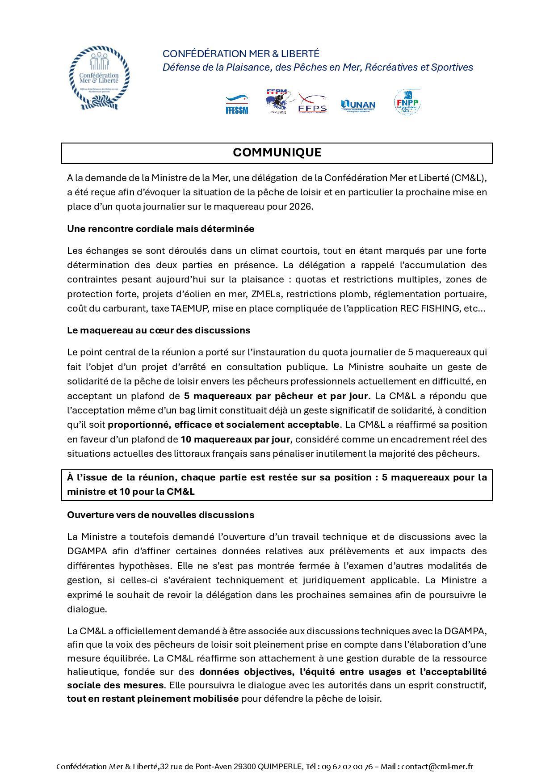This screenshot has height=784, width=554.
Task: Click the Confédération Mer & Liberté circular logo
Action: coord(99,78)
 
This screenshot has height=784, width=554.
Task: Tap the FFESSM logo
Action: coord(237,105)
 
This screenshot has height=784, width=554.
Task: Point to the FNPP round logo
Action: coord(407,103)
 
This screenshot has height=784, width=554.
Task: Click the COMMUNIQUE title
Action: coord(277,153)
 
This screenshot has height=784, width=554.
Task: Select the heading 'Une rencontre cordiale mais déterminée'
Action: coord(160,229)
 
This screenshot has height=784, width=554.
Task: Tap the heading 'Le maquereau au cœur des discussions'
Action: coord(159,330)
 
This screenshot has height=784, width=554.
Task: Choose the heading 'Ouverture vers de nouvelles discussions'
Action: coord(160,515)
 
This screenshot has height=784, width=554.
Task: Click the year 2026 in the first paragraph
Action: coord(301,207)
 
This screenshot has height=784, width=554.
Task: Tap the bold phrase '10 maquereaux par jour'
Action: coord(235,439)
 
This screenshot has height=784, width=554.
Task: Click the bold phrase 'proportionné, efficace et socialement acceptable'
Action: coord(223,425)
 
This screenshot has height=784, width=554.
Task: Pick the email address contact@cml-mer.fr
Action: coord(437,767)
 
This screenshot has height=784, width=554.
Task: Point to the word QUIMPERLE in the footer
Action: coord(280,767)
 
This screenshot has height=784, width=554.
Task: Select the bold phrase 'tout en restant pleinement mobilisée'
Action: coord(153,699)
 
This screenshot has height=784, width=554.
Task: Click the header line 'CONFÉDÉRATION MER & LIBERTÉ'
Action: coord(241,54)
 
